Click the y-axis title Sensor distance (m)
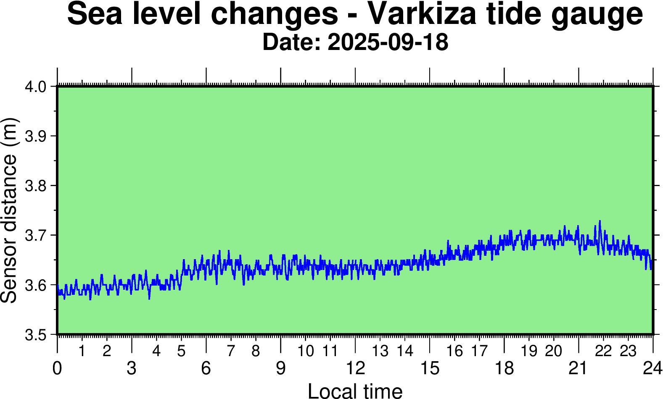click(9, 210)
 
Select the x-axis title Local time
click(355, 391)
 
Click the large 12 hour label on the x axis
click(355, 368)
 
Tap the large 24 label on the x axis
click(652, 368)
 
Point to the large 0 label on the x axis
click(57, 368)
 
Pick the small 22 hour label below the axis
click(603, 351)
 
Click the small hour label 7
click(231, 351)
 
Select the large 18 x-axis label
click(504, 368)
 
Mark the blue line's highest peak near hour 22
click(600, 221)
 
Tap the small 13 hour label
click(380, 351)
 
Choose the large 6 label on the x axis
click(206, 368)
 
